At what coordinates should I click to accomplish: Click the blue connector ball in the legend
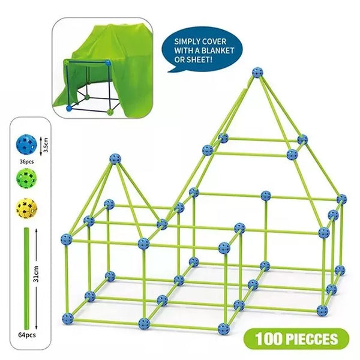click(26, 145)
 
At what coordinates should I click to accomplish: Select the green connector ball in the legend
click(26, 179)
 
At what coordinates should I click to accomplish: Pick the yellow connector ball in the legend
click(26, 208)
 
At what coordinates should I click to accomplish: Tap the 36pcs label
click(26, 161)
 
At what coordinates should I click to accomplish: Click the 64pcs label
click(27, 335)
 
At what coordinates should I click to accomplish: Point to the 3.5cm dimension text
click(46, 145)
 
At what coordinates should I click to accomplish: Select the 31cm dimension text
click(35, 274)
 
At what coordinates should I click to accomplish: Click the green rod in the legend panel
click(26, 278)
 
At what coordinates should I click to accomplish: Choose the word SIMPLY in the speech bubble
click(184, 41)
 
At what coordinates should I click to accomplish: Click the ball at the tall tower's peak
click(257, 73)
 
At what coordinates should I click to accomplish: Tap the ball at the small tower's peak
click(115, 159)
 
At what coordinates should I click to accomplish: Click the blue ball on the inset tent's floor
click(69, 108)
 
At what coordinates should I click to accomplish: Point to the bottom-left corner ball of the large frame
click(68, 319)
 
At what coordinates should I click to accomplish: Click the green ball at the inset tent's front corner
click(110, 112)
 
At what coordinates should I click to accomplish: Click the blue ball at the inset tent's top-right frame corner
click(108, 62)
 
